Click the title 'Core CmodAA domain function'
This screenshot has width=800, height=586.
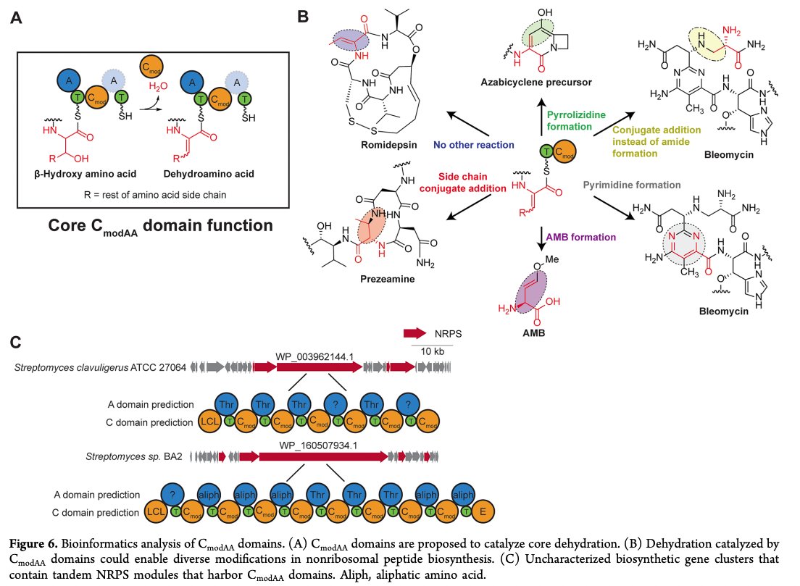tap(150, 225)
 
